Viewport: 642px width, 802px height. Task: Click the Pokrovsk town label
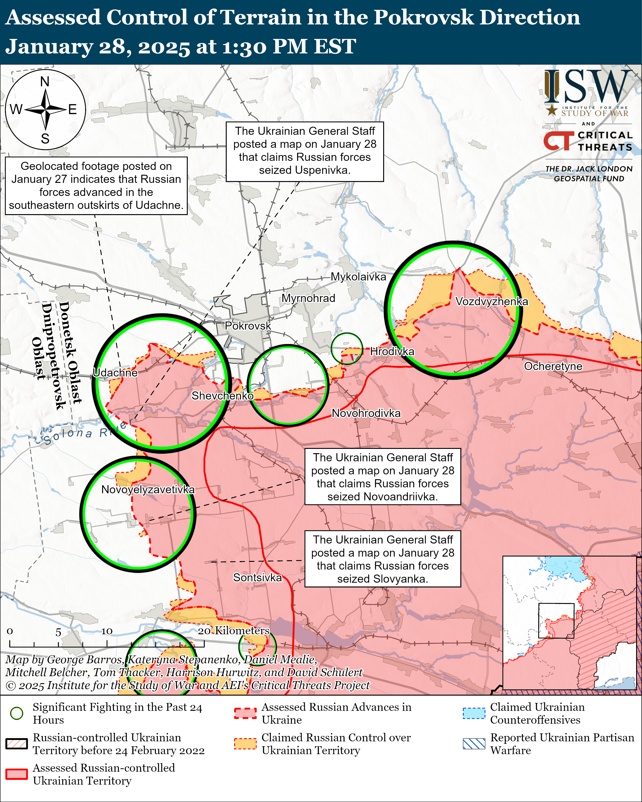point(248,326)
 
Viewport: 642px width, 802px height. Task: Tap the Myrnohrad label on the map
point(308,298)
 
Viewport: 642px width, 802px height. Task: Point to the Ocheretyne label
point(553,366)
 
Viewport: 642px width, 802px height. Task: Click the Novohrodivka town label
point(366,413)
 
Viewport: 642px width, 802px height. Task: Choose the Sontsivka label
point(257,578)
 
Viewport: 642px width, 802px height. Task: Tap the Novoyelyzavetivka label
point(148,490)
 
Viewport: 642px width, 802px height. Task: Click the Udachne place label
point(115,373)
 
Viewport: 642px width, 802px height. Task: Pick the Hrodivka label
point(392,352)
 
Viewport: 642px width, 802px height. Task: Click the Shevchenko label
point(222,396)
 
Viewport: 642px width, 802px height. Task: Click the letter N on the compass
point(45,81)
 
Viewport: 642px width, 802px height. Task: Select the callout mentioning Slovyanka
point(382,559)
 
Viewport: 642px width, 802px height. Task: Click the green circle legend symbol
point(17,713)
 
